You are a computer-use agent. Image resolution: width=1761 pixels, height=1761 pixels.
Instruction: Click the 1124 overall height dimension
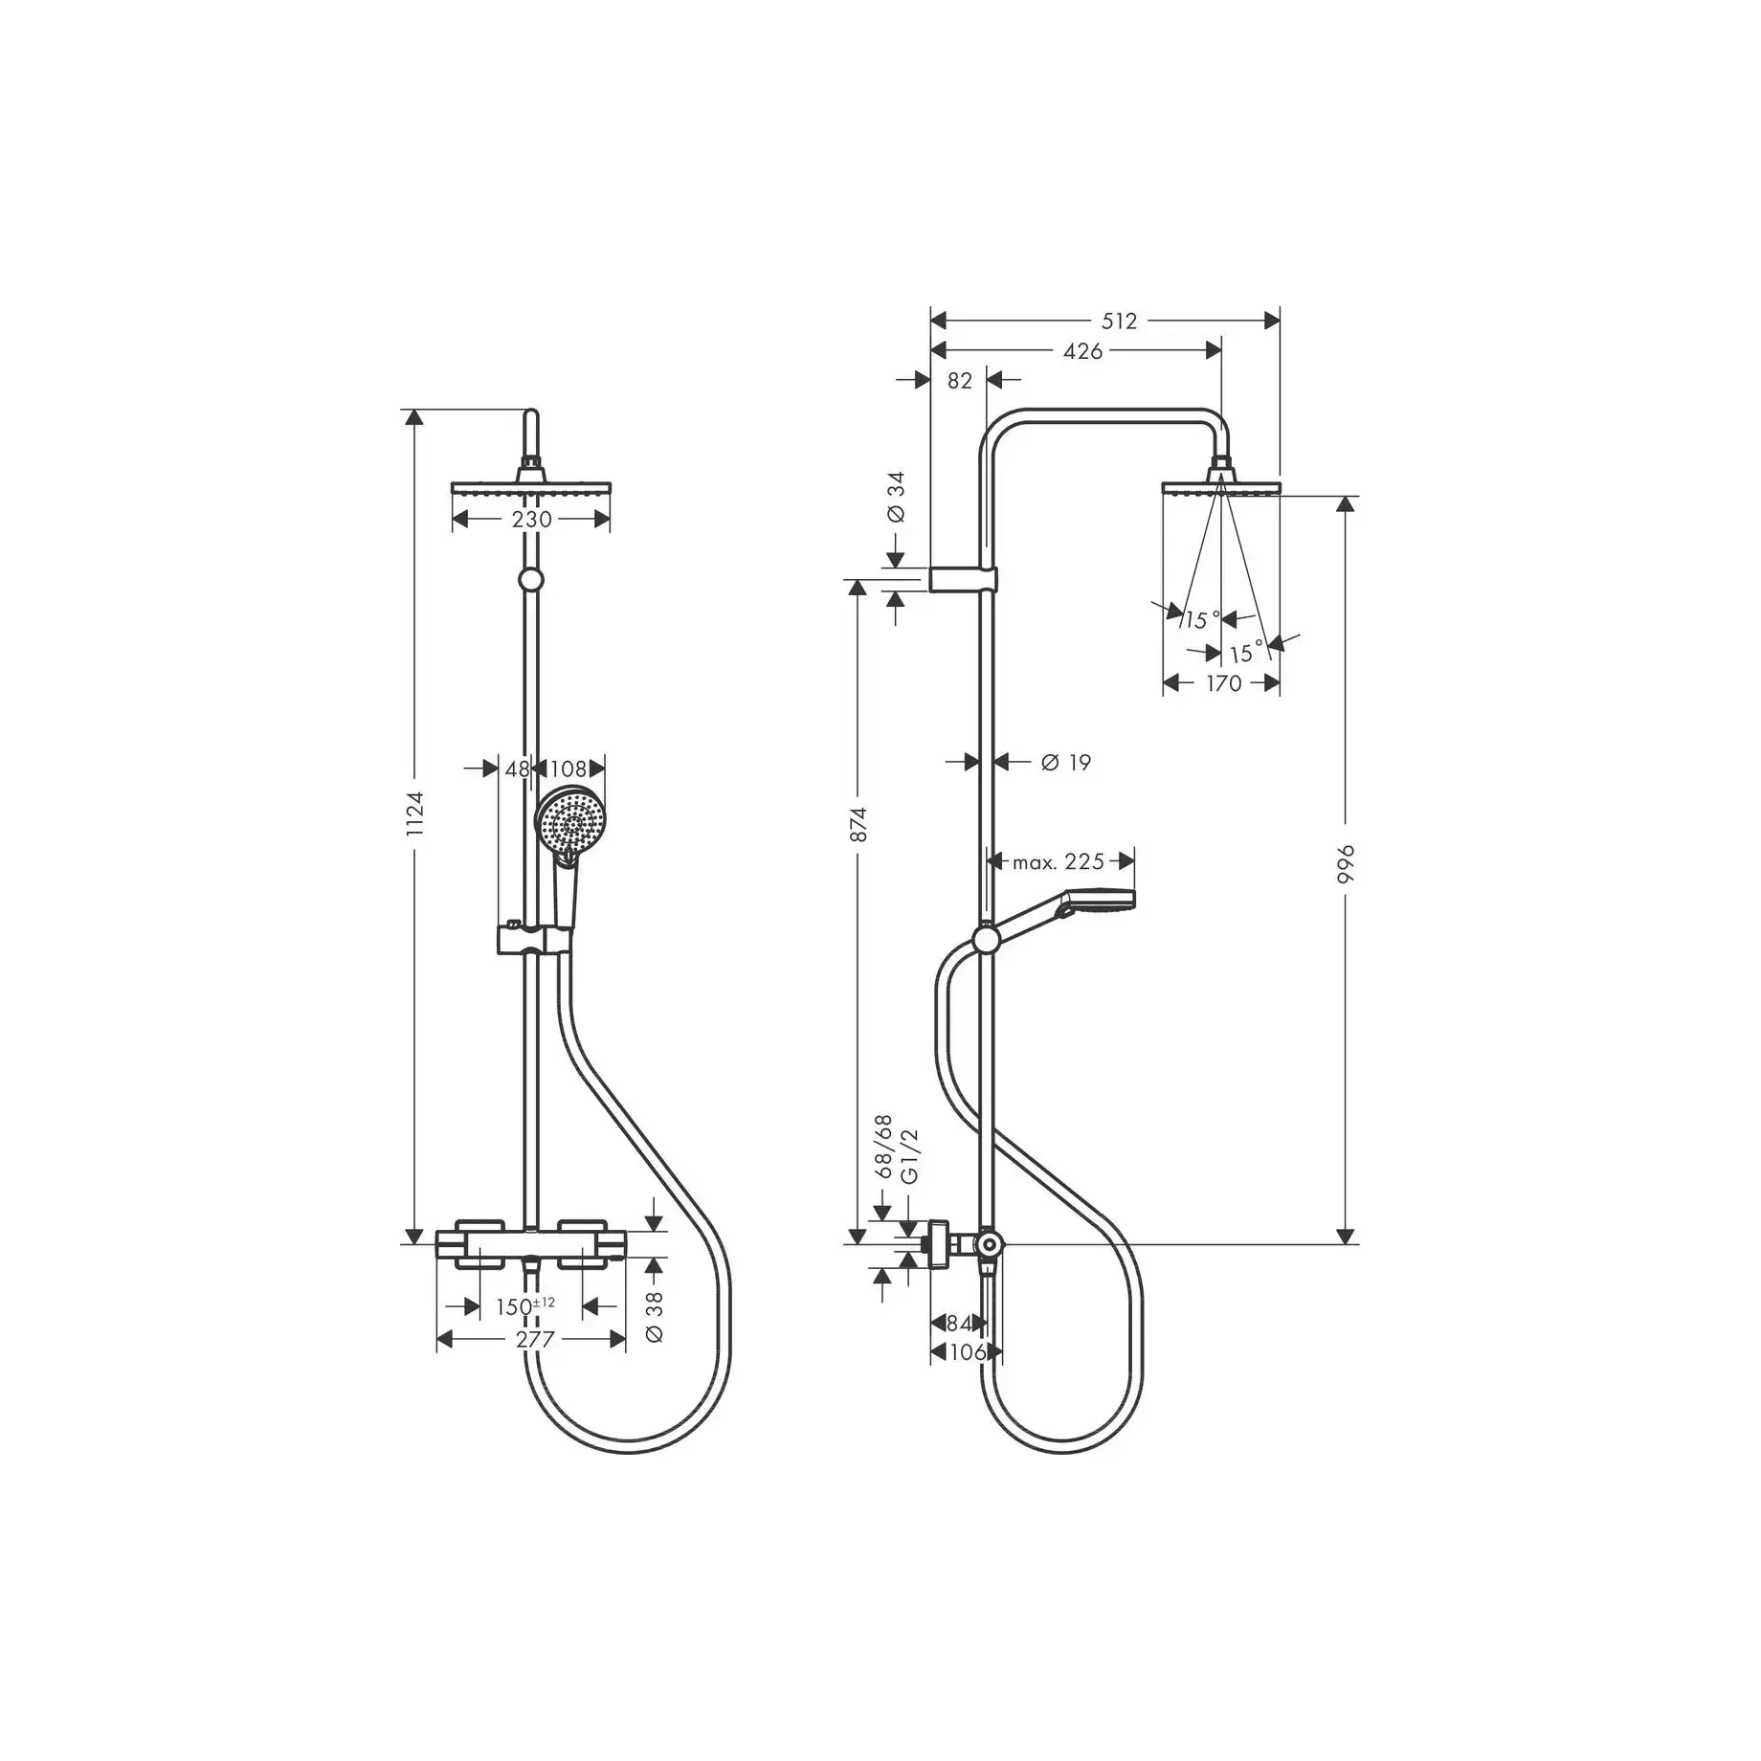pos(414,814)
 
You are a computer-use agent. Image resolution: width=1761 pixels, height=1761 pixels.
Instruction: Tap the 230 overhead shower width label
pos(531,520)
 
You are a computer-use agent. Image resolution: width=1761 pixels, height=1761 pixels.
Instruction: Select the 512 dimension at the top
pos(1119,322)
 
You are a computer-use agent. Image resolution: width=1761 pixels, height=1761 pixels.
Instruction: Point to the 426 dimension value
pos(1082,351)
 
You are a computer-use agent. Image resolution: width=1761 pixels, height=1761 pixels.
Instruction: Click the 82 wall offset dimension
pos(959,381)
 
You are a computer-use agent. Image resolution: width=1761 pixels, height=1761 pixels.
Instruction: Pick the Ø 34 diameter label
pos(896,497)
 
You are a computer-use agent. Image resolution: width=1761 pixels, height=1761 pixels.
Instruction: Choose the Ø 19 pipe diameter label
pos(1066,762)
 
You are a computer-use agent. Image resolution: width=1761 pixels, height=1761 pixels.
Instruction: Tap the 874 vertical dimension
pos(858,825)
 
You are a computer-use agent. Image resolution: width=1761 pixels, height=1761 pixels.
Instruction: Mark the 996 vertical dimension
pos(1346,864)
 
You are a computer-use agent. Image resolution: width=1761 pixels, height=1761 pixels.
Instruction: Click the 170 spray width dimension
pos(1223,683)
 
